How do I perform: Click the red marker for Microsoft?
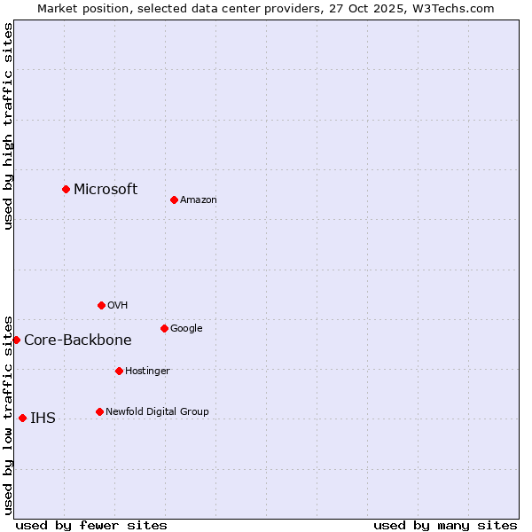pos(66,189)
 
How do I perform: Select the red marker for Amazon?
pos(174,199)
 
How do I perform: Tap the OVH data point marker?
pos(101,305)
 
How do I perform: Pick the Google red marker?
pos(164,328)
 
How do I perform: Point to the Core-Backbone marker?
pos(16,340)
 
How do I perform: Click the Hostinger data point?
pos(119,371)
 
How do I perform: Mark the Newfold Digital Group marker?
pos(99,411)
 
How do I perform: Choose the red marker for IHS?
pos(22,418)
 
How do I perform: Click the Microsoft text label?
pos(106,189)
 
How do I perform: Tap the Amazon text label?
pos(199,200)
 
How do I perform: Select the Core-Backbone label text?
pos(78,340)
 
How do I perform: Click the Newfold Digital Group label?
pos(158,411)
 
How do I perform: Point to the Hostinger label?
pos(147,371)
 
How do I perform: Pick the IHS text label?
pos(43,419)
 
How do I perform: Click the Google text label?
pos(186,329)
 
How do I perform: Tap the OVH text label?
pos(118,306)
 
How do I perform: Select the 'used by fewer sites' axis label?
pos(91,525)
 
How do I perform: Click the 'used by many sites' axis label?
pos(445,525)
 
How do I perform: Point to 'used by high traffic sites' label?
pos(8,126)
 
